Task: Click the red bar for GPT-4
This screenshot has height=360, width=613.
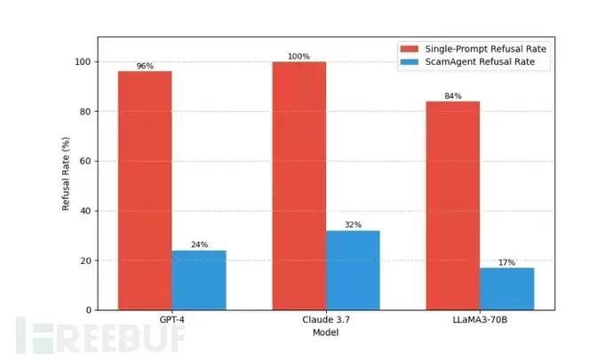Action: (145, 190)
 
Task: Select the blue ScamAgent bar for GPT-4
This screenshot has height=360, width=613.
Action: (199, 280)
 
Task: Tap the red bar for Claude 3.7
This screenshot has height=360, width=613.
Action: (299, 186)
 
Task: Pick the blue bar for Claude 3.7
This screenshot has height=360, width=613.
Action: (353, 270)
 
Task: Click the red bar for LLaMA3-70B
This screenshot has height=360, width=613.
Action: (452, 205)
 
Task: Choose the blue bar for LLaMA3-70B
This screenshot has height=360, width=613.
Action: (506, 289)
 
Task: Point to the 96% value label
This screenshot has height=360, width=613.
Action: (145, 66)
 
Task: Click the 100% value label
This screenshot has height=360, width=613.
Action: (299, 57)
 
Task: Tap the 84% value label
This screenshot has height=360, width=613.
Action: (452, 96)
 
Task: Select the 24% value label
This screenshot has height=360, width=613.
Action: (199, 245)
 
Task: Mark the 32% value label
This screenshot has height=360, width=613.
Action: (353, 225)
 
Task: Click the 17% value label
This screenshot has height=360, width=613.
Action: (506, 262)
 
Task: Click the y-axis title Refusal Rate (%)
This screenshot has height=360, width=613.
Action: (66, 174)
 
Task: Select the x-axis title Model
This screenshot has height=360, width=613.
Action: (325, 332)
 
